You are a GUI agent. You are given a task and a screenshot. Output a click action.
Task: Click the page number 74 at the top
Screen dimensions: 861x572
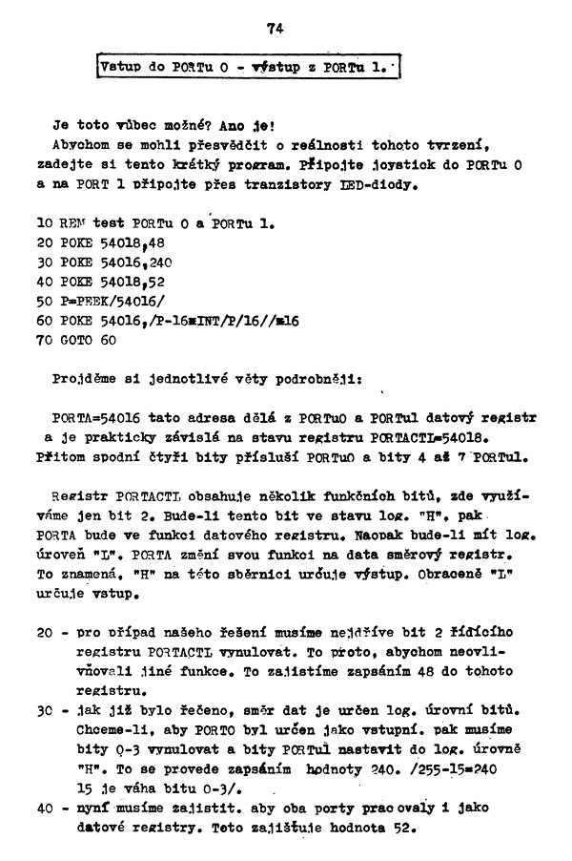pos(276,30)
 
